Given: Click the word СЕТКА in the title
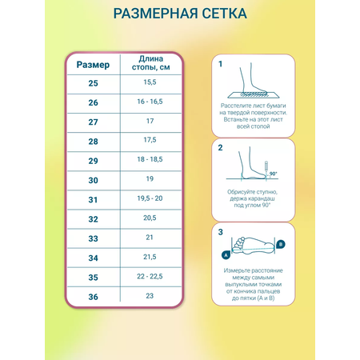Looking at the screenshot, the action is point(224,14).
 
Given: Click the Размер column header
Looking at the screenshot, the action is point(93,65).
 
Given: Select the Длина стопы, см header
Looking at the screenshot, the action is point(150,63).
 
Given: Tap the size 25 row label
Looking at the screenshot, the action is point(93,83).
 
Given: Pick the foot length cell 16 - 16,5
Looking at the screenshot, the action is point(150,102).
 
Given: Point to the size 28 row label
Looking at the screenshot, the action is point(93,142).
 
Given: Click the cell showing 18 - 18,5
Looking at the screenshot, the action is point(150,159).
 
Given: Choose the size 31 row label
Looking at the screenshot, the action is point(93,200).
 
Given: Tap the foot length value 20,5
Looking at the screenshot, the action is point(150,218).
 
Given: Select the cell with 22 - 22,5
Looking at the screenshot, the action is point(150,276).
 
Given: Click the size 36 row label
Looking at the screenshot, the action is point(93,297).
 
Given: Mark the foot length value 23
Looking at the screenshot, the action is point(150,296).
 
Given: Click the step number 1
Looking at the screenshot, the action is point(220,64).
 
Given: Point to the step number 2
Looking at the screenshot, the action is point(220,148).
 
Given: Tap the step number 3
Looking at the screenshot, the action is point(220,232).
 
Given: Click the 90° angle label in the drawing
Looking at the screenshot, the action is point(273,174).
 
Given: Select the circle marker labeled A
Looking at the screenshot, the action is point(226,255).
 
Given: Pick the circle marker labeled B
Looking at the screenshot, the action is point(281,244).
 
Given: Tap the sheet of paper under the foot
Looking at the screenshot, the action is point(254,95).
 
